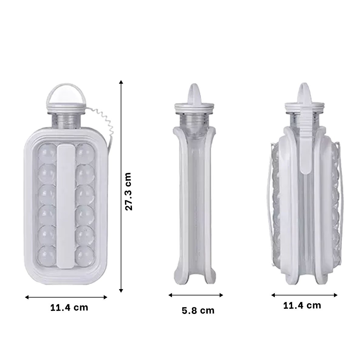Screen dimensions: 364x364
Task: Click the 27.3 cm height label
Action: (x=128, y=191)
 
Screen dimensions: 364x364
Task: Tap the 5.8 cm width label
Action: (x=198, y=311)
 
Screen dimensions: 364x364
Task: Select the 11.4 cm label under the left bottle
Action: (x=69, y=308)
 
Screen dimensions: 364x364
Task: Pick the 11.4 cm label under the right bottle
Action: (x=302, y=305)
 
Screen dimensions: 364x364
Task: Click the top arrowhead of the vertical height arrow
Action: (x=121, y=82)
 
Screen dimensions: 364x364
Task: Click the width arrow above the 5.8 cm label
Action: (x=196, y=295)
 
